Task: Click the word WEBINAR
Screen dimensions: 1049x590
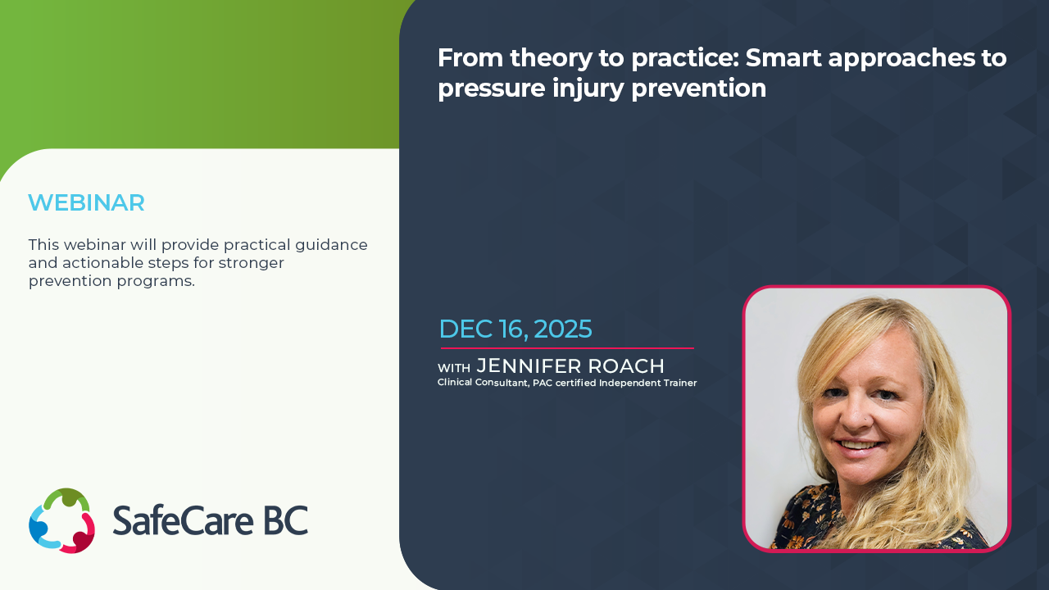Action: pyautogui.click(x=86, y=202)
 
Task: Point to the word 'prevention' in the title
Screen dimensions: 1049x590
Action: pyautogui.click(x=699, y=88)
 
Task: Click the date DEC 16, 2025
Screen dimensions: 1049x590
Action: pyautogui.click(x=515, y=329)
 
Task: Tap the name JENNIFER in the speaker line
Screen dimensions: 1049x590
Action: pyautogui.click(x=529, y=366)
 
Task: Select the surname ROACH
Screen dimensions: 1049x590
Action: pyautogui.click(x=625, y=366)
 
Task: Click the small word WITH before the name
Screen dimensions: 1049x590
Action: pyautogui.click(x=454, y=368)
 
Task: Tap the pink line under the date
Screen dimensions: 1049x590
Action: pyautogui.click(x=567, y=348)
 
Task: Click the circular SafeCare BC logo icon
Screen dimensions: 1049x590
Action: pyautogui.click(x=62, y=520)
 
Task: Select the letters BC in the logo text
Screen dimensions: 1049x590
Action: pyautogui.click(x=286, y=520)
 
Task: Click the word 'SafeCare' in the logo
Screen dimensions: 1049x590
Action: pyautogui.click(x=183, y=520)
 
